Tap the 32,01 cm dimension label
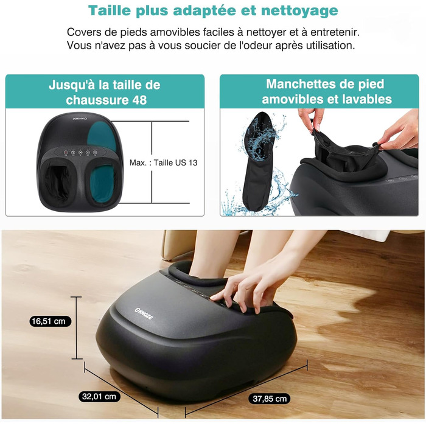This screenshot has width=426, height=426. [99, 396]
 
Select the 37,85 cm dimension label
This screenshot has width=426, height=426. [270, 399]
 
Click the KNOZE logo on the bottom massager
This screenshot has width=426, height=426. [144, 313]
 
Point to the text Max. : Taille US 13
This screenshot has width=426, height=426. [164, 162]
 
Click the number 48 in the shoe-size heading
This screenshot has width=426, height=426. [139, 100]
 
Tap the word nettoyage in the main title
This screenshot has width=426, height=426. [299, 11]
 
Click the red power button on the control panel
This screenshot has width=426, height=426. [66, 153]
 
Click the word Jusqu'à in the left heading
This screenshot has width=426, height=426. [71, 85]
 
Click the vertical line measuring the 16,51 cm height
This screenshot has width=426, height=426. [77, 328]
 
